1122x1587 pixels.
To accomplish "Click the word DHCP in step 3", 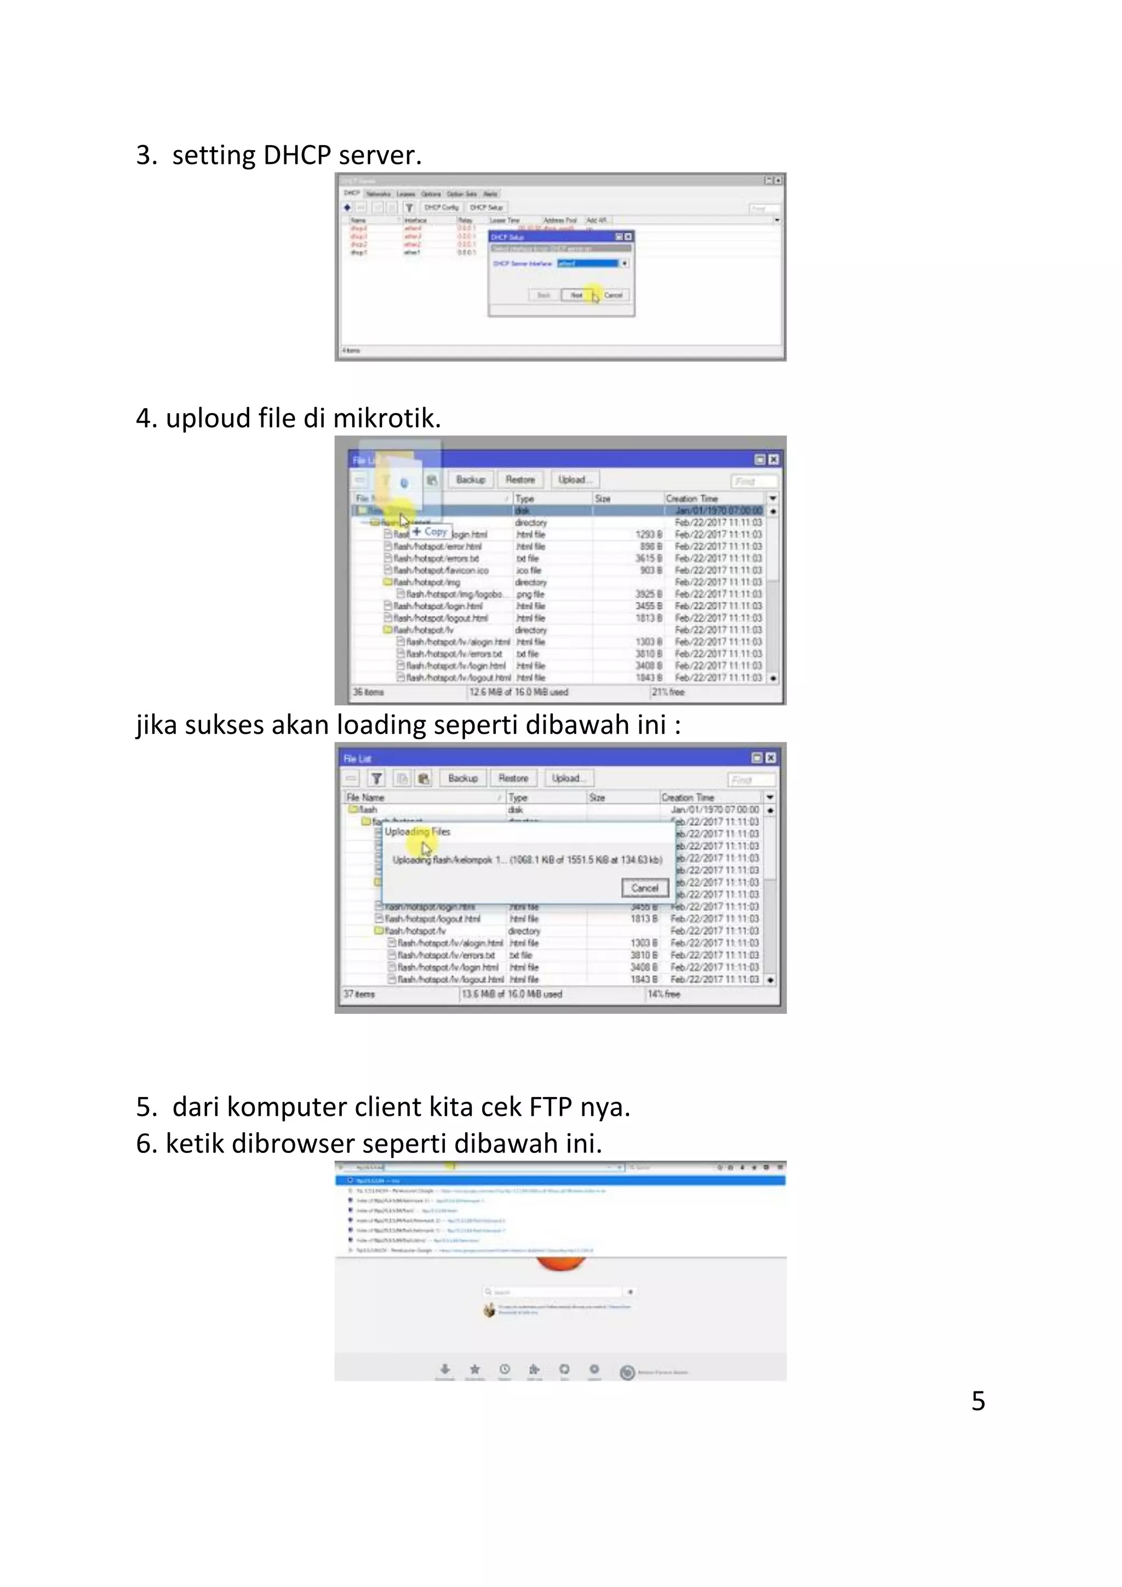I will (x=297, y=155).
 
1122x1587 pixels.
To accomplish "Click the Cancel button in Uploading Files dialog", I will (x=645, y=888).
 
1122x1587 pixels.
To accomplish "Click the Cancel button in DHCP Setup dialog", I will (x=614, y=295).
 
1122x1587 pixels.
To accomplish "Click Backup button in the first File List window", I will (x=471, y=479).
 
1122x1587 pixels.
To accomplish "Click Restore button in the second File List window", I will (x=513, y=778).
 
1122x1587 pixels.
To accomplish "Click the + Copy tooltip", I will (x=431, y=532).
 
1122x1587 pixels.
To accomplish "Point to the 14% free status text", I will (x=664, y=994).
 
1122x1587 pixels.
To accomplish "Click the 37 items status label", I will (x=359, y=994).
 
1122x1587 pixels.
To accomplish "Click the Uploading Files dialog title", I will (x=417, y=831).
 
